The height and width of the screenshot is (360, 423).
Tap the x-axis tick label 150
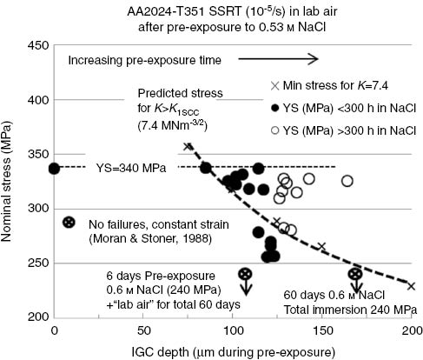click(x=321, y=331)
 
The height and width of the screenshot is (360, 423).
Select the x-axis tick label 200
click(x=410, y=331)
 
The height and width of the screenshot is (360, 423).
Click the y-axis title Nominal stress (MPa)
click(x=10, y=181)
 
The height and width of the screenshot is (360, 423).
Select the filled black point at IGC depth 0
click(x=54, y=168)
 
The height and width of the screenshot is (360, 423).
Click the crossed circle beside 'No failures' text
click(x=69, y=222)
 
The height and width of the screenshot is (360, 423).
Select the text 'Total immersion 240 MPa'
click(x=345, y=309)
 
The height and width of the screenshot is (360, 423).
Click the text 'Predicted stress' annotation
click(x=178, y=93)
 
